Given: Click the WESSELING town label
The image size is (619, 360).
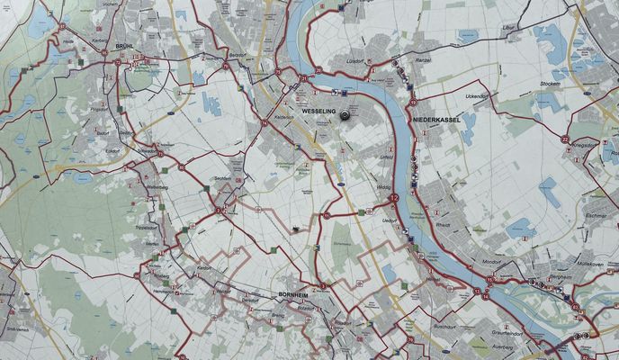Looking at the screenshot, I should coord(319,110).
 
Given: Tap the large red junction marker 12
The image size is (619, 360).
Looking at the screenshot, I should coord(392,197).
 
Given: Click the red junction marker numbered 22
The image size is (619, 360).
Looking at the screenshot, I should coord(564,139).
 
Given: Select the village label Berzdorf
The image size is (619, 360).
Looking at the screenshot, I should coord(237,55).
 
